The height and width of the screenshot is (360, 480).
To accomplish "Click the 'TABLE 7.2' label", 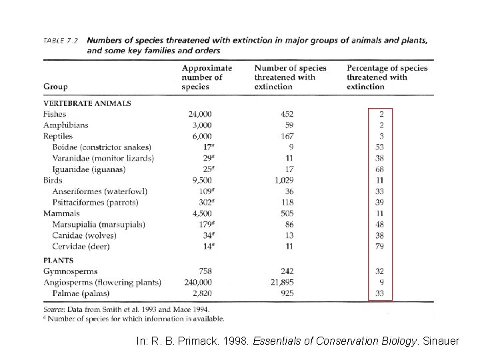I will [x=61, y=41].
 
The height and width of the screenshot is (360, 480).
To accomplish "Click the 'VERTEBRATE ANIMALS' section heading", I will [x=87, y=103].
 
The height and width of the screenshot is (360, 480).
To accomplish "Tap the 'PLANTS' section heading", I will [x=59, y=261].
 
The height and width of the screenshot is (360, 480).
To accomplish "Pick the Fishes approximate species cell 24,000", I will [x=200, y=114].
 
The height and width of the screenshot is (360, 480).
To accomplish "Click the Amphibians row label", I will [x=65, y=125].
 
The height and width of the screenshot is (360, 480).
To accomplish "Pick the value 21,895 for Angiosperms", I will [x=281, y=283].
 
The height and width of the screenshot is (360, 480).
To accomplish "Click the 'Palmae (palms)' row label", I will [x=81, y=293].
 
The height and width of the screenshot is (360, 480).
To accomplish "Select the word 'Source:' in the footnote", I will [x=56, y=309].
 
